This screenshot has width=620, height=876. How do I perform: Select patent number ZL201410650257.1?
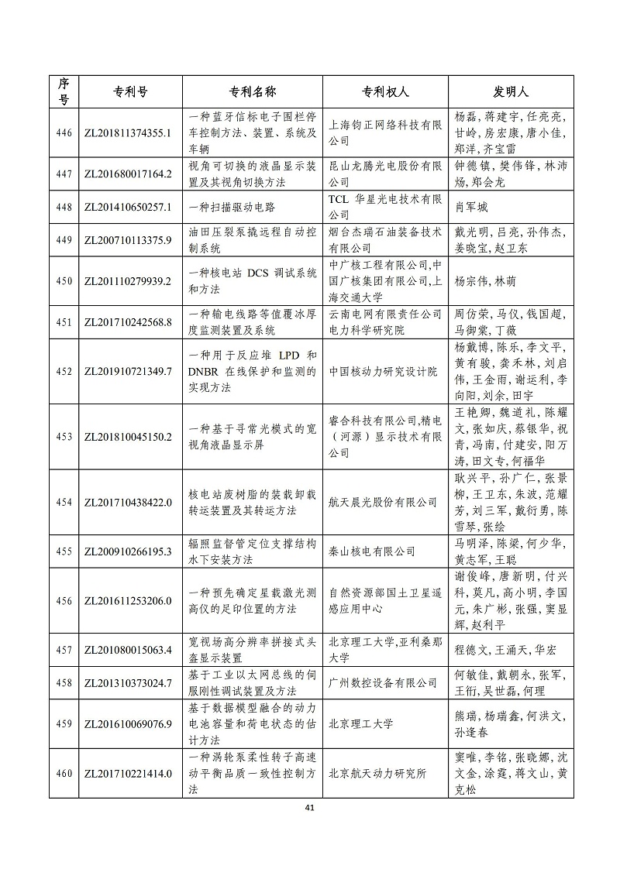[127, 208]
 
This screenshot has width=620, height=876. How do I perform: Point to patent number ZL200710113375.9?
[127, 240]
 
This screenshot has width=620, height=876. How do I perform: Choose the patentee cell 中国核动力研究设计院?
[383, 372]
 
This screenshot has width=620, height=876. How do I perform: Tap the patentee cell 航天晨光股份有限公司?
[383, 502]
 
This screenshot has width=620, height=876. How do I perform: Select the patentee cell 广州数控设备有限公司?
[383, 683]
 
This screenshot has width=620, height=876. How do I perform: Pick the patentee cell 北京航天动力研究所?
[383, 773]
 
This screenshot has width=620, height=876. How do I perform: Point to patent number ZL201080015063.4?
[127, 650]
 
